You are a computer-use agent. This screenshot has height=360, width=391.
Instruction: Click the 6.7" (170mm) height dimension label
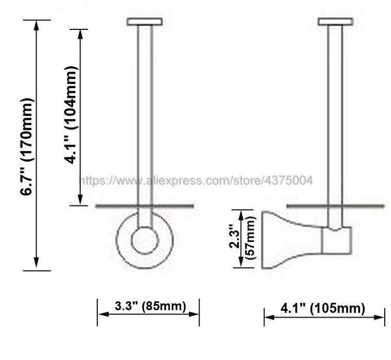click(26, 147)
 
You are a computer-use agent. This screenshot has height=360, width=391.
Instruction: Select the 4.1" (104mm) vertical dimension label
click(71, 115)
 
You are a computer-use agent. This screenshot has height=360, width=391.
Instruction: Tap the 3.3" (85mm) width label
click(150, 306)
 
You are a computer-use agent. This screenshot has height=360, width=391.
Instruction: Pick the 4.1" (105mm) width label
click(322, 308)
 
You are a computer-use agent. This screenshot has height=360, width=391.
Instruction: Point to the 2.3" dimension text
click(234, 236)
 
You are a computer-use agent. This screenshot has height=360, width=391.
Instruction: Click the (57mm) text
click(251, 238)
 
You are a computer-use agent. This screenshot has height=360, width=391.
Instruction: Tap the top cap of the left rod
click(145, 21)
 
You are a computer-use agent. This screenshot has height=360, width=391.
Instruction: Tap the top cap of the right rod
click(336, 21)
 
